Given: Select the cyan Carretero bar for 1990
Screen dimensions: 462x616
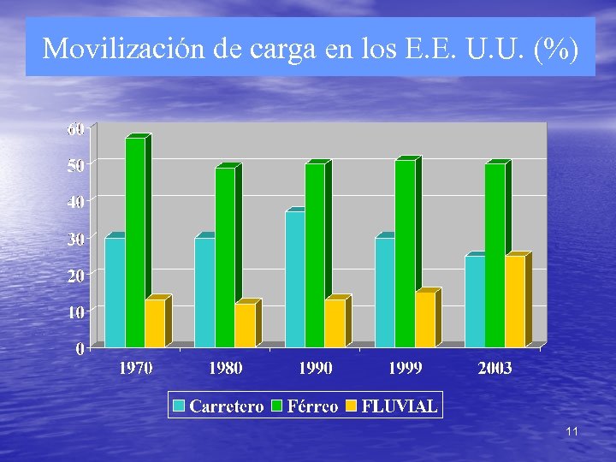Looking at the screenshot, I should point(294,278).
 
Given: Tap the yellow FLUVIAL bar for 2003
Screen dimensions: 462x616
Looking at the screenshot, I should point(515,300).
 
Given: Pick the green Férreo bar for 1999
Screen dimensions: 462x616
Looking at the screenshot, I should point(405,252).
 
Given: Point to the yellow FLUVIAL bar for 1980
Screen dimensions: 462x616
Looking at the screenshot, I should point(245,324).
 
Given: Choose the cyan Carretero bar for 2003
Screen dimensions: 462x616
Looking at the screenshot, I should point(475,300).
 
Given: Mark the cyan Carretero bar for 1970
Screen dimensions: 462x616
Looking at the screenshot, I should point(115,292).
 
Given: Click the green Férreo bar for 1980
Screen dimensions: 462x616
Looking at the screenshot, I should point(225,257).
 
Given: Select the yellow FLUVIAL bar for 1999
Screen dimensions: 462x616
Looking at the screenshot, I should point(424,318).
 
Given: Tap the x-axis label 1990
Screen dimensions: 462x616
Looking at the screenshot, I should point(316,368).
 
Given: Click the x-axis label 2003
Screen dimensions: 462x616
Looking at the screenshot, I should point(495,368).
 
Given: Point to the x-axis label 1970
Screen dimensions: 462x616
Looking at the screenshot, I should point(135,368).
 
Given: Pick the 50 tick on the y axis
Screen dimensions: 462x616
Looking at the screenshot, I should point(76,165).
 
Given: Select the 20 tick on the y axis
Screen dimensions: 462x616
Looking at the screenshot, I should point(76,275).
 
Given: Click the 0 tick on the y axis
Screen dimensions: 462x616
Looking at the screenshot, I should point(80,348).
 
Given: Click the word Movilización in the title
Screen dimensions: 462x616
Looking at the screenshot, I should point(128,49).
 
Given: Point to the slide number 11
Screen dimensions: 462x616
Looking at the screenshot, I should point(572,432).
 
